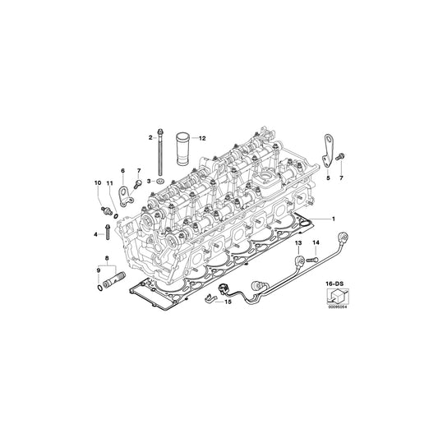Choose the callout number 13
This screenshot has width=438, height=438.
[x=298, y=244]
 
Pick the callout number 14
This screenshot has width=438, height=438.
[x=315, y=244]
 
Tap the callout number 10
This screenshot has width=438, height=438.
[x=95, y=182]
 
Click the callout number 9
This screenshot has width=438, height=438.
[x=99, y=270]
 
